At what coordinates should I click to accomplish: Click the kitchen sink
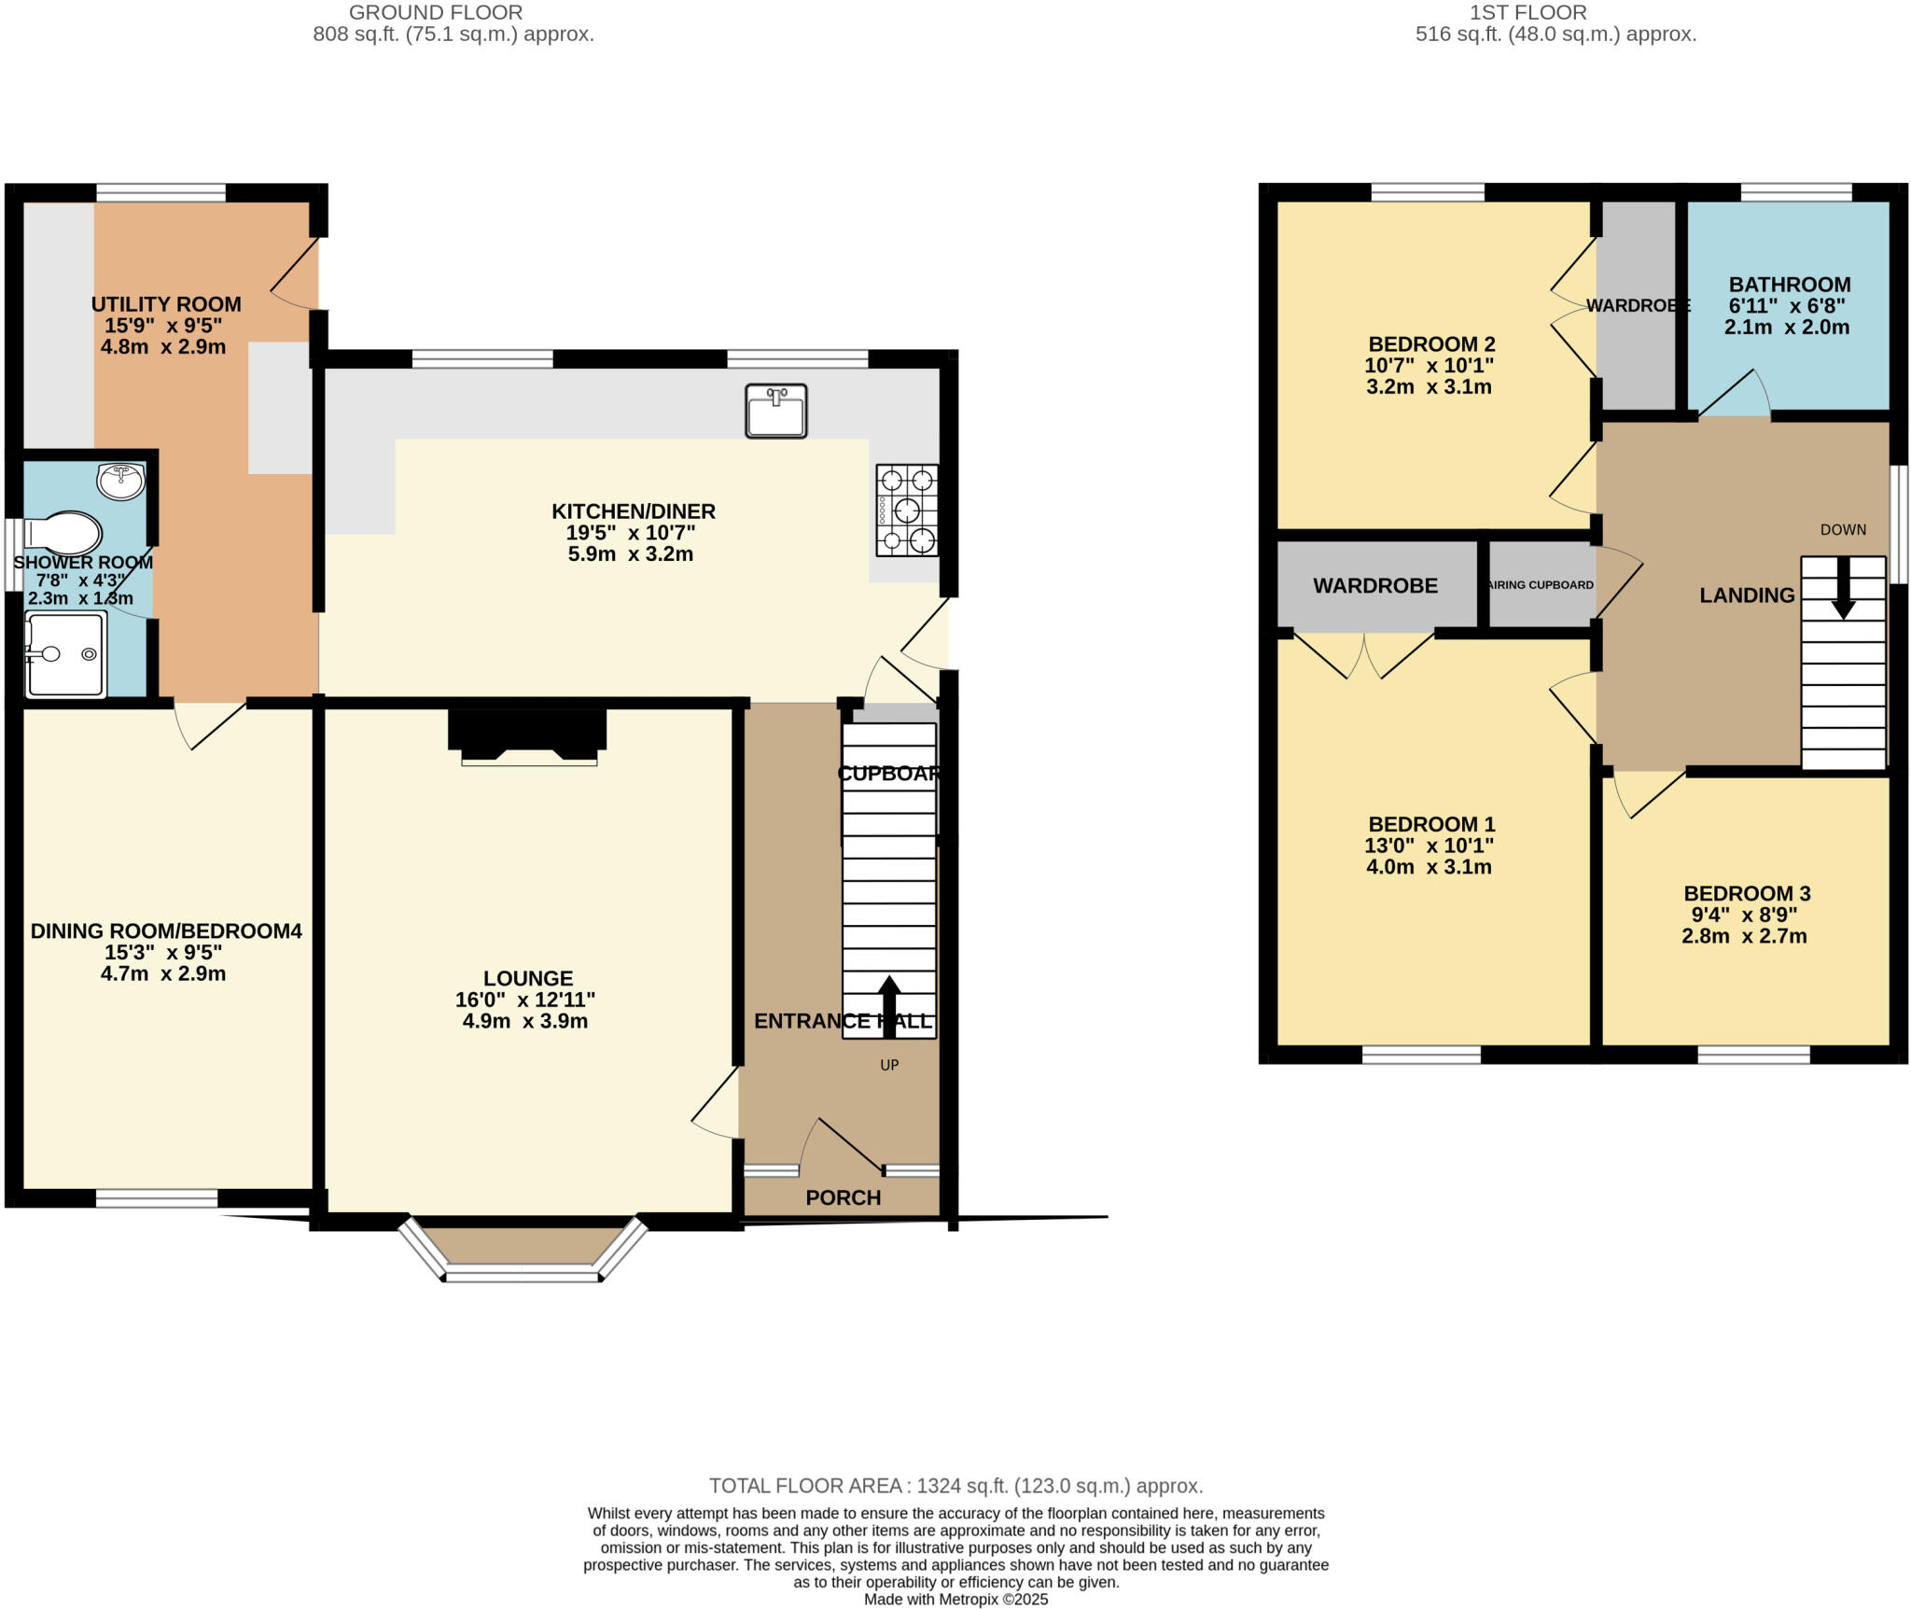pos(775,411)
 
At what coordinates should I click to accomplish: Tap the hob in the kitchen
pos(907,511)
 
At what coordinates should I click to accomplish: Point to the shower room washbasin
pos(120,481)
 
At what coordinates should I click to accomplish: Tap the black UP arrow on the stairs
pos(889,1006)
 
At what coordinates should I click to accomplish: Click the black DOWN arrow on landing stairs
pos(1843,588)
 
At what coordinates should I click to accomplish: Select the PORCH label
pos(843,1197)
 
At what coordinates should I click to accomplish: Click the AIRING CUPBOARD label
pos(1541,585)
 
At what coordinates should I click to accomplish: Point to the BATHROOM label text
pos(1789,285)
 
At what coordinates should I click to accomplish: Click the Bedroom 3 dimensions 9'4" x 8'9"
pos(1744,915)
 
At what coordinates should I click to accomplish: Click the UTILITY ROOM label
pos(166,304)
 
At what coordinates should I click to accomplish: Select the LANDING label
pos(1747,595)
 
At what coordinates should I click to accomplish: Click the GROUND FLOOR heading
pos(435,13)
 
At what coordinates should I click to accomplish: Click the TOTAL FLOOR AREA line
pos(955,1486)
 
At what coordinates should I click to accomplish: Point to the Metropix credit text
pos(955,1600)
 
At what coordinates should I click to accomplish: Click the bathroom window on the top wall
pos(1795,193)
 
